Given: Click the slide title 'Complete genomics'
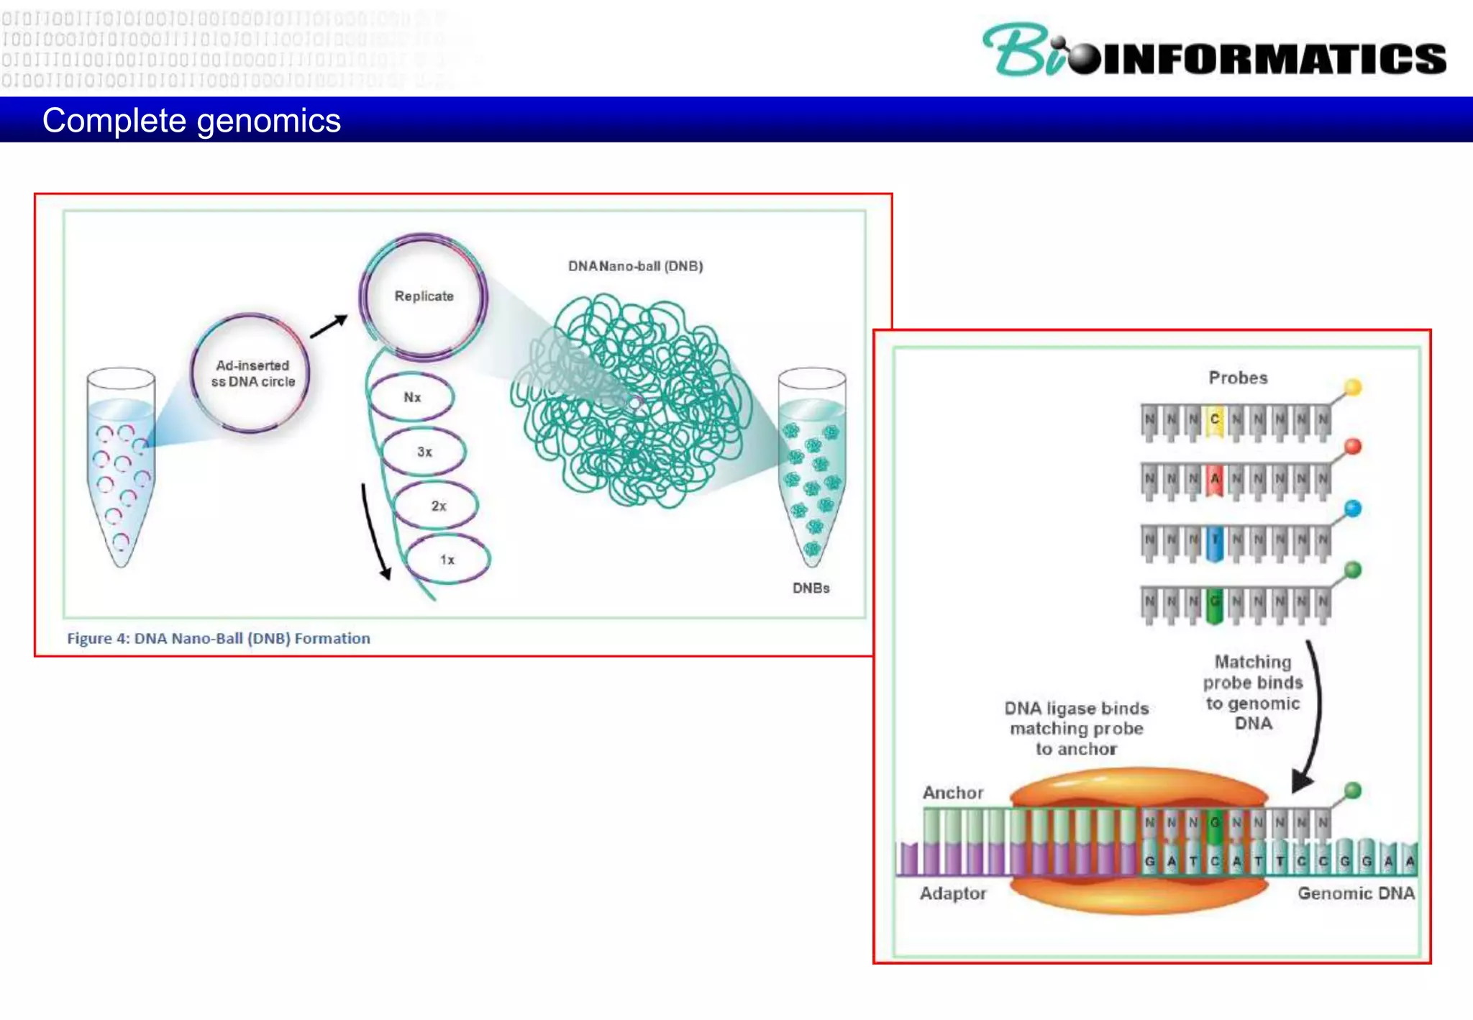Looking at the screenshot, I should pos(191,121).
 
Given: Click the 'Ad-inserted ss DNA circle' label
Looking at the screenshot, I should pos(252,373).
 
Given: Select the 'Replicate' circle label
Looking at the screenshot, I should pos(424,296).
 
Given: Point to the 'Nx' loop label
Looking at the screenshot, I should pos(412,397).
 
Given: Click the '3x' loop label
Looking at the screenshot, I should pos(424,452).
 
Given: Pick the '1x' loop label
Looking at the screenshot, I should pos(447,560).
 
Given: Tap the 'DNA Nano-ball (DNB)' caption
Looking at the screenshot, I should pos(635,266).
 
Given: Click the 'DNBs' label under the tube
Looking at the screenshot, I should pos(811,588).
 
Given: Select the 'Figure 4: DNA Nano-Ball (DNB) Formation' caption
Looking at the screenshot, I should pos(219,638).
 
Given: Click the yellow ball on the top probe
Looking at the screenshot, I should pos(1353,387).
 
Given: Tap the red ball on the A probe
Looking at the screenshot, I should pos(1353,447).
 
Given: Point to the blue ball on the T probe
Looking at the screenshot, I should pos(1353,509).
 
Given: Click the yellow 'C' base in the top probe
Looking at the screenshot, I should pos(1215,419).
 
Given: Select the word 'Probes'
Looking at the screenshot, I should pos(1238,378).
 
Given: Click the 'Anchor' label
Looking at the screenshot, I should pos(953,793).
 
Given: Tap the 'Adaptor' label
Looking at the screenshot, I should pos(953,893).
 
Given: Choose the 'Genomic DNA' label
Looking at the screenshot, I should pos(1356,893).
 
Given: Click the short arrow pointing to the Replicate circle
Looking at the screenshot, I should pos(329,327).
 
